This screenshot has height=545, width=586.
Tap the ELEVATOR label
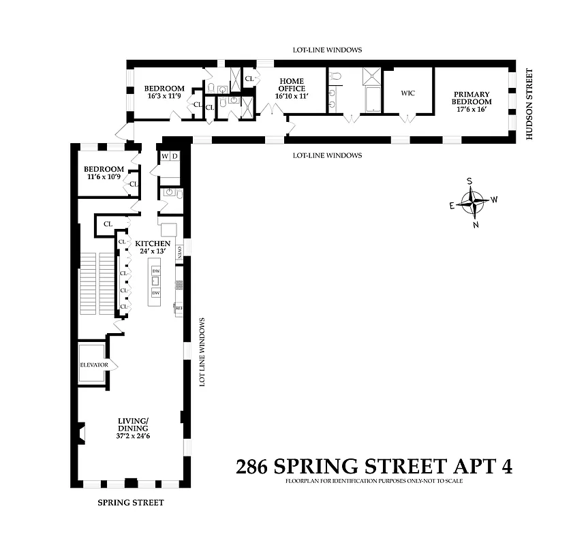[93, 364]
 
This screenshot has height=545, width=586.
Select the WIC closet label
[407, 93]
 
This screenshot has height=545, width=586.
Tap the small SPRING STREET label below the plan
[130, 503]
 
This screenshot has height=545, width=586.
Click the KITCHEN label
[153, 243]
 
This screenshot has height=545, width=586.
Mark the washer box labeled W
[164, 157]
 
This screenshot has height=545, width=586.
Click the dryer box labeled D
[174, 157]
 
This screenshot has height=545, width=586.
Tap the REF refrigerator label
[179, 309]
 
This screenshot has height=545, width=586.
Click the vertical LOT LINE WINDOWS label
[202, 352]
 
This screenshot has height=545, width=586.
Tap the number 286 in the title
[252, 467]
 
